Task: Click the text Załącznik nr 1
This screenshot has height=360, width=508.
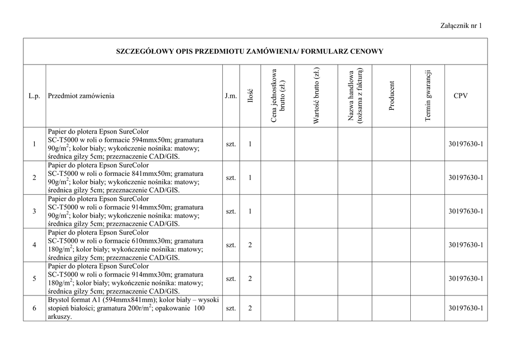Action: (x=460, y=26)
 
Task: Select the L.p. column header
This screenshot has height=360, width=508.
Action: (x=34, y=96)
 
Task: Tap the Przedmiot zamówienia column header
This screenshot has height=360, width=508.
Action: (x=81, y=96)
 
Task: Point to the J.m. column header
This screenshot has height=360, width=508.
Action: (x=231, y=96)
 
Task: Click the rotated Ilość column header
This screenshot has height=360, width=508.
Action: (x=251, y=96)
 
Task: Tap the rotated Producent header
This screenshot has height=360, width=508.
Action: (x=392, y=96)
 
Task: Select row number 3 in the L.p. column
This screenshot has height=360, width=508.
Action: (x=34, y=212)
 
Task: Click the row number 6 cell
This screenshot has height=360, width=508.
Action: (x=34, y=308)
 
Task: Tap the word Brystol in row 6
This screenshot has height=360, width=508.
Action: (x=59, y=300)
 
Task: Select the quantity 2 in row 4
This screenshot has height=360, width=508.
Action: (x=250, y=245)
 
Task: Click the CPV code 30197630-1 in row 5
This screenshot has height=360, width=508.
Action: (x=465, y=279)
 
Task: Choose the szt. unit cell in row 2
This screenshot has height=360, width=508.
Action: (x=231, y=178)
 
